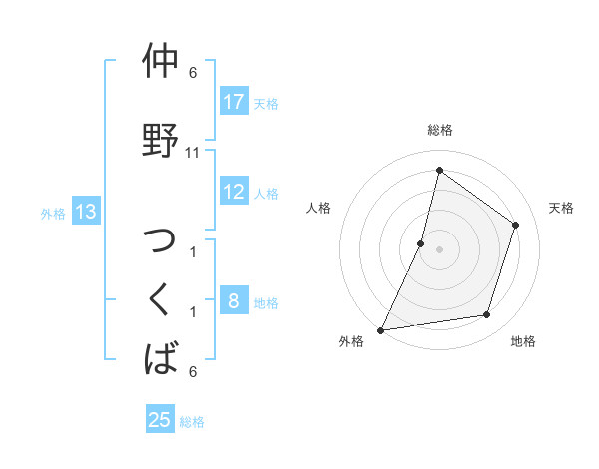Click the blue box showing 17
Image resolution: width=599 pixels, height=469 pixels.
[x=234, y=102]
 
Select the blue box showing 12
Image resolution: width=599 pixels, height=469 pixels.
[x=234, y=192]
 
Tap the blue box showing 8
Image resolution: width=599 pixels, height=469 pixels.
[x=234, y=301]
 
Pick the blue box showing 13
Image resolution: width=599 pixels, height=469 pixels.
[x=86, y=212]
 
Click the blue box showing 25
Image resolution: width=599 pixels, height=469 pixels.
[x=160, y=420]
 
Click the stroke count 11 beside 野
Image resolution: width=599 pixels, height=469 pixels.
[x=193, y=152]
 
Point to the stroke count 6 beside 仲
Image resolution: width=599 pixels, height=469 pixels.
[x=193, y=73]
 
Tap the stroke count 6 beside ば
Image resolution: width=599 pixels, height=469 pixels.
[x=193, y=371]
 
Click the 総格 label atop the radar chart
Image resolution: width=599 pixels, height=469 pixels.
[x=439, y=130]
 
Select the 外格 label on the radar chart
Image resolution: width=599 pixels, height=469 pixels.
[x=351, y=341]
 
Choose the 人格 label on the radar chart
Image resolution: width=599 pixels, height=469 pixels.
[x=318, y=208]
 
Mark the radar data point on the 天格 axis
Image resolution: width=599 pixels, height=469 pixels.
[x=516, y=225]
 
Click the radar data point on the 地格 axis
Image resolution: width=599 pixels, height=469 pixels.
[x=487, y=315]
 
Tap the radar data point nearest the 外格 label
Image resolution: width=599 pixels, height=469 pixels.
[x=380, y=330]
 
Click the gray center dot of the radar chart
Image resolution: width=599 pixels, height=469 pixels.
[x=439, y=249]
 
